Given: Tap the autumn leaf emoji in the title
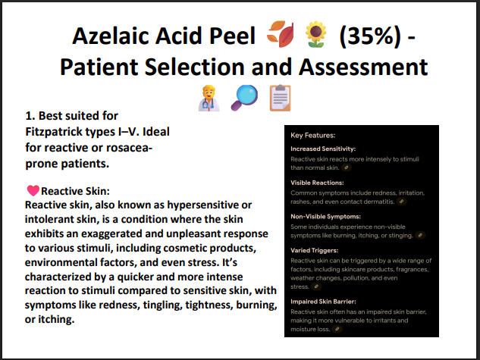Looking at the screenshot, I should coord(282,36).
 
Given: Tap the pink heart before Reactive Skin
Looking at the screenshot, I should coord(33,191).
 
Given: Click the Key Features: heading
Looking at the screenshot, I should coord(313,135).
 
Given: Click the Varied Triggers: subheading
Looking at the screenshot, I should coord(315,249).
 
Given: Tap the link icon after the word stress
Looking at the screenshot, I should coord(316,287).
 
